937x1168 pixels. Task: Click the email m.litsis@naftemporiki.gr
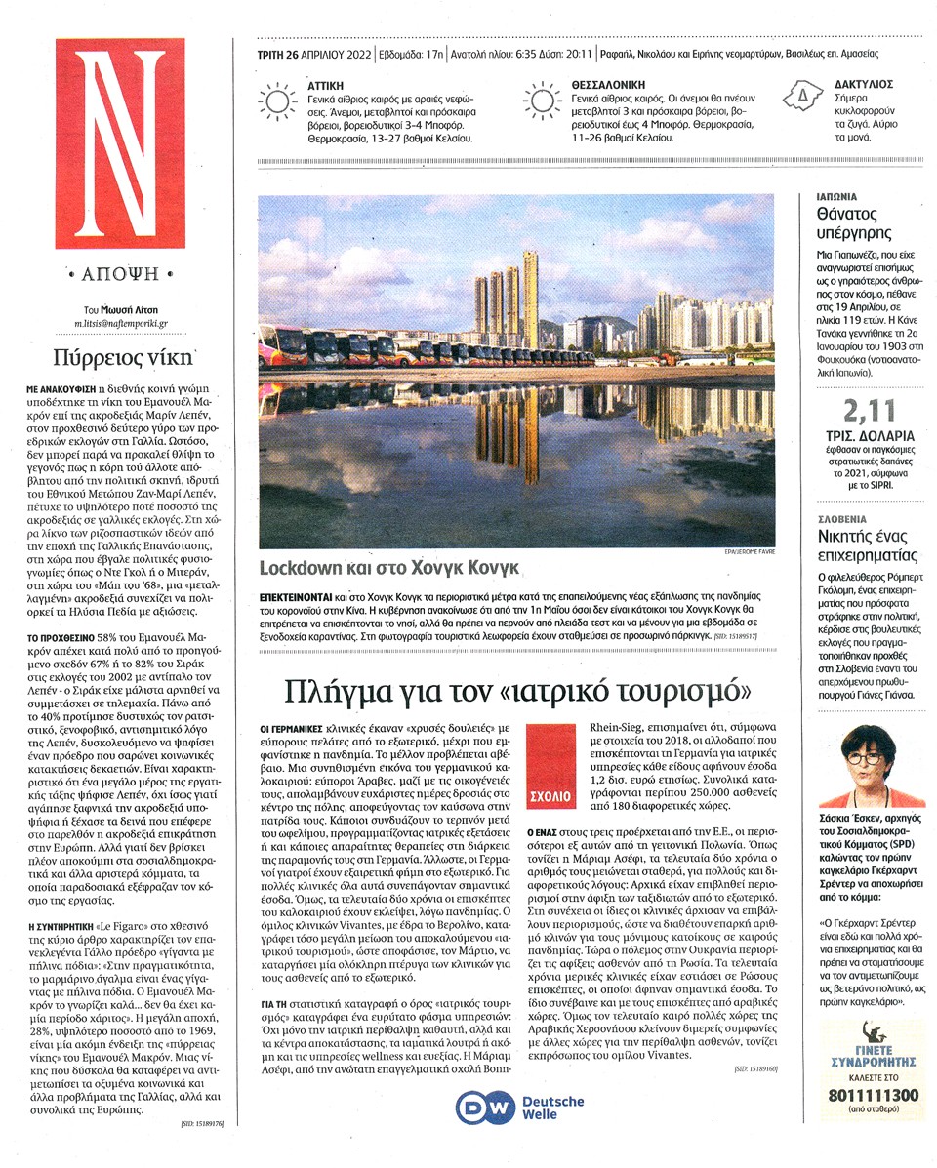coord(121,321)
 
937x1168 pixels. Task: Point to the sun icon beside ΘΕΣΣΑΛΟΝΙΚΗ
coord(542,101)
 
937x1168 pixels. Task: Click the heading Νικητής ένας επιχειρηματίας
coord(868,545)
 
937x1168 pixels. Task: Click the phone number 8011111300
coord(868,1096)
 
